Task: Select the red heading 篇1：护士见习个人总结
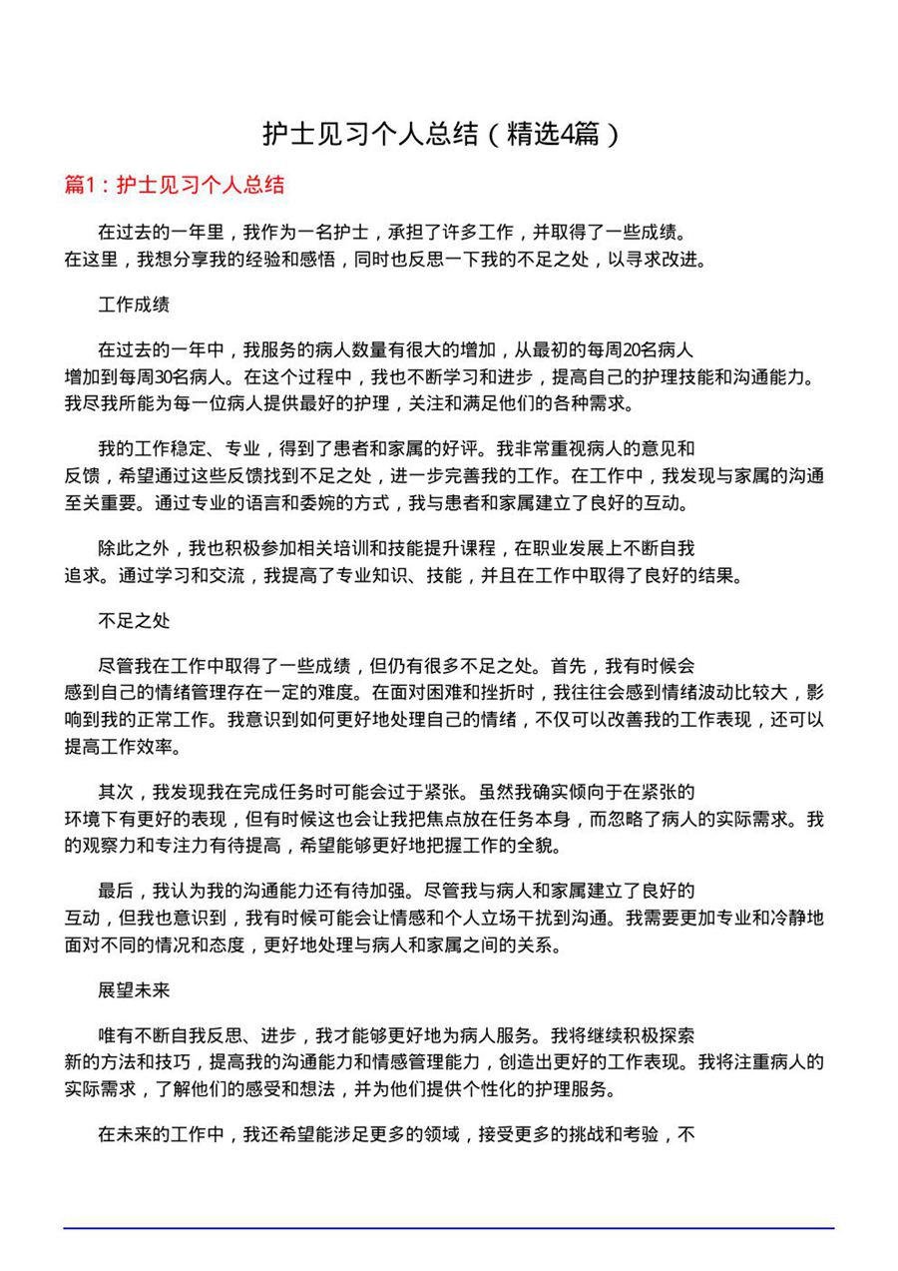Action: (x=175, y=185)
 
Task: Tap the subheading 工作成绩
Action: (x=134, y=304)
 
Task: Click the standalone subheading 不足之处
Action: (x=134, y=621)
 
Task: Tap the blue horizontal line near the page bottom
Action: (x=449, y=1227)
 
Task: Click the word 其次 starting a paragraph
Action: (x=116, y=793)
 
